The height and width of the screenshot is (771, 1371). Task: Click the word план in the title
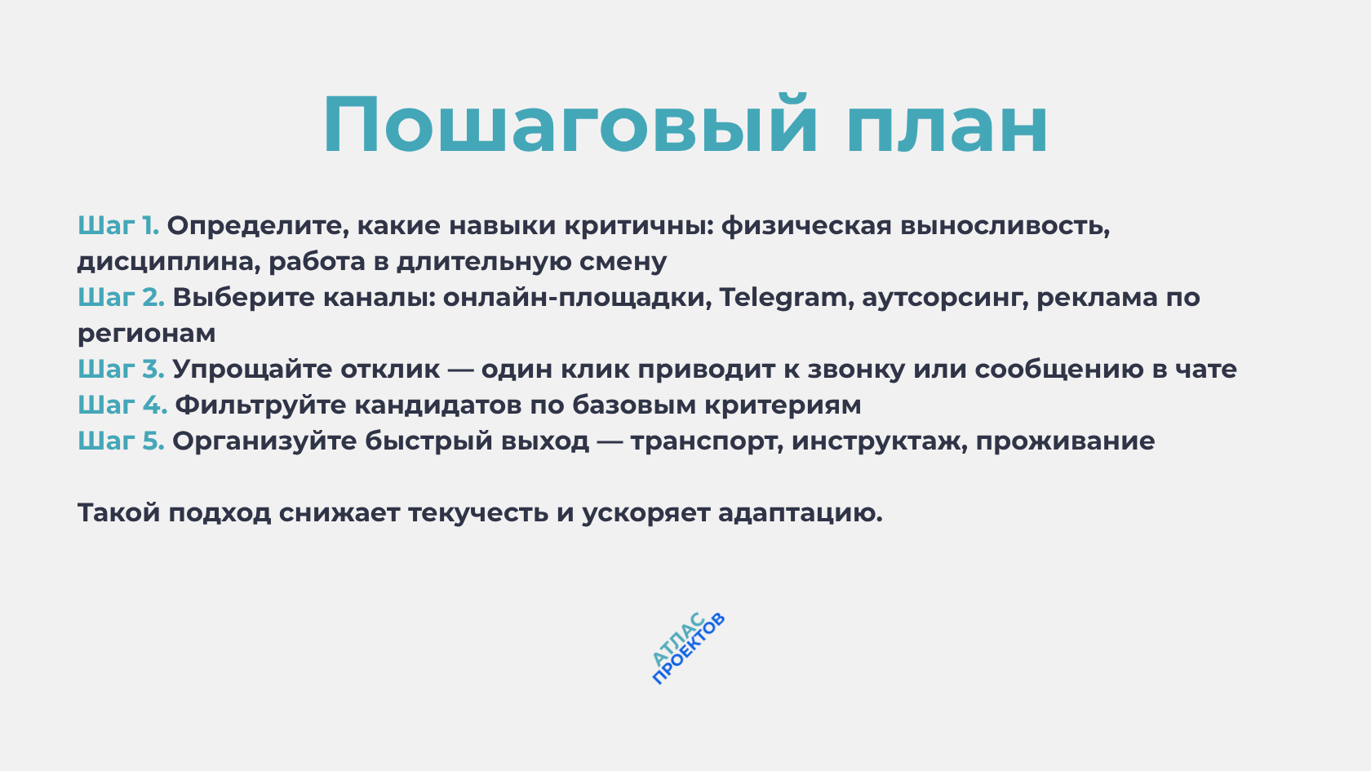pyautogui.click(x=947, y=126)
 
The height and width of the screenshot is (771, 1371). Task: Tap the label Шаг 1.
pyautogui.click(x=118, y=225)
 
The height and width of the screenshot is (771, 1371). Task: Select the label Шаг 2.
pyautogui.click(x=121, y=297)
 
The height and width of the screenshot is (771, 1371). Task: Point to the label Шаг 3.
pyautogui.click(x=121, y=369)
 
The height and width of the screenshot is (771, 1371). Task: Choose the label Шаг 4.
pyautogui.click(x=122, y=405)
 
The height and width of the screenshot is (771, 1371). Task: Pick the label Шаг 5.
pyautogui.click(x=121, y=441)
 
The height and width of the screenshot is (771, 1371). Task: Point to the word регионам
pyautogui.click(x=147, y=334)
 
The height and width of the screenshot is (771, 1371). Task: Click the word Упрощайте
pyautogui.click(x=252, y=370)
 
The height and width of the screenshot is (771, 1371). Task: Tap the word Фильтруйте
pyautogui.click(x=261, y=405)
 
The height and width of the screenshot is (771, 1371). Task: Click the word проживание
pyautogui.click(x=1065, y=441)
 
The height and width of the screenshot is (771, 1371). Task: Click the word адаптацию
pyautogui.click(x=800, y=513)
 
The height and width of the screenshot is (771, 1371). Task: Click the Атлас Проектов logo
pyautogui.click(x=688, y=649)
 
